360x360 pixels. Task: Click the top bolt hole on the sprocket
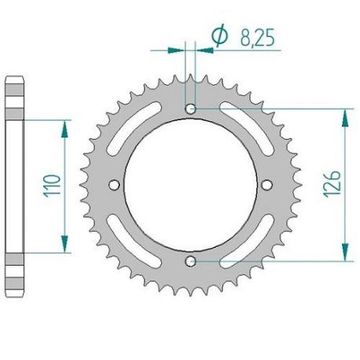tap(190, 108)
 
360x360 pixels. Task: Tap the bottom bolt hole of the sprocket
tap(190, 259)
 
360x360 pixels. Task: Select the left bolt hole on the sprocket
tap(114, 184)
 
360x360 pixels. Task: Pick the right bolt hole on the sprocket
tap(266, 184)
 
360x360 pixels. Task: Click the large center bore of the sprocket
tap(190, 184)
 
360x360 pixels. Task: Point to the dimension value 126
tap(329, 184)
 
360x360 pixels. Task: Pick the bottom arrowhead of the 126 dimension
tap(342, 255)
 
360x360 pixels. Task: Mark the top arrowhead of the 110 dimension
tap(62, 123)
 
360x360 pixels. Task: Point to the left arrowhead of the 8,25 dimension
tap(180, 50)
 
